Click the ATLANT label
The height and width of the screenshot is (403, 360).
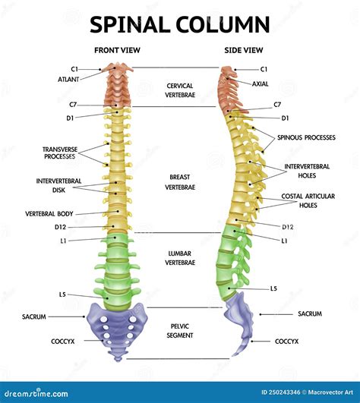point(68,79)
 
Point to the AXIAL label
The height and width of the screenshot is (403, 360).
point(261,83)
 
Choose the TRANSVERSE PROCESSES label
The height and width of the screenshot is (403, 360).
point(60,153)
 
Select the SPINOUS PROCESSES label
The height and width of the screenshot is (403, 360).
point(306,137)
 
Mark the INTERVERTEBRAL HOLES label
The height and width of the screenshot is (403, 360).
point(307,170)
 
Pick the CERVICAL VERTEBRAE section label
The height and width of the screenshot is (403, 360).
point(180,90)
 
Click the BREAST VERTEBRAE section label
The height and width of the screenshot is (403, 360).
point(180,181)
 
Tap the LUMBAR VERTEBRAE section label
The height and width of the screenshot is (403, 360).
point(180,257)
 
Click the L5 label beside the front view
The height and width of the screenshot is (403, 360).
point(62,294)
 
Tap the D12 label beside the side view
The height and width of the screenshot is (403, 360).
point(288,226)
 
